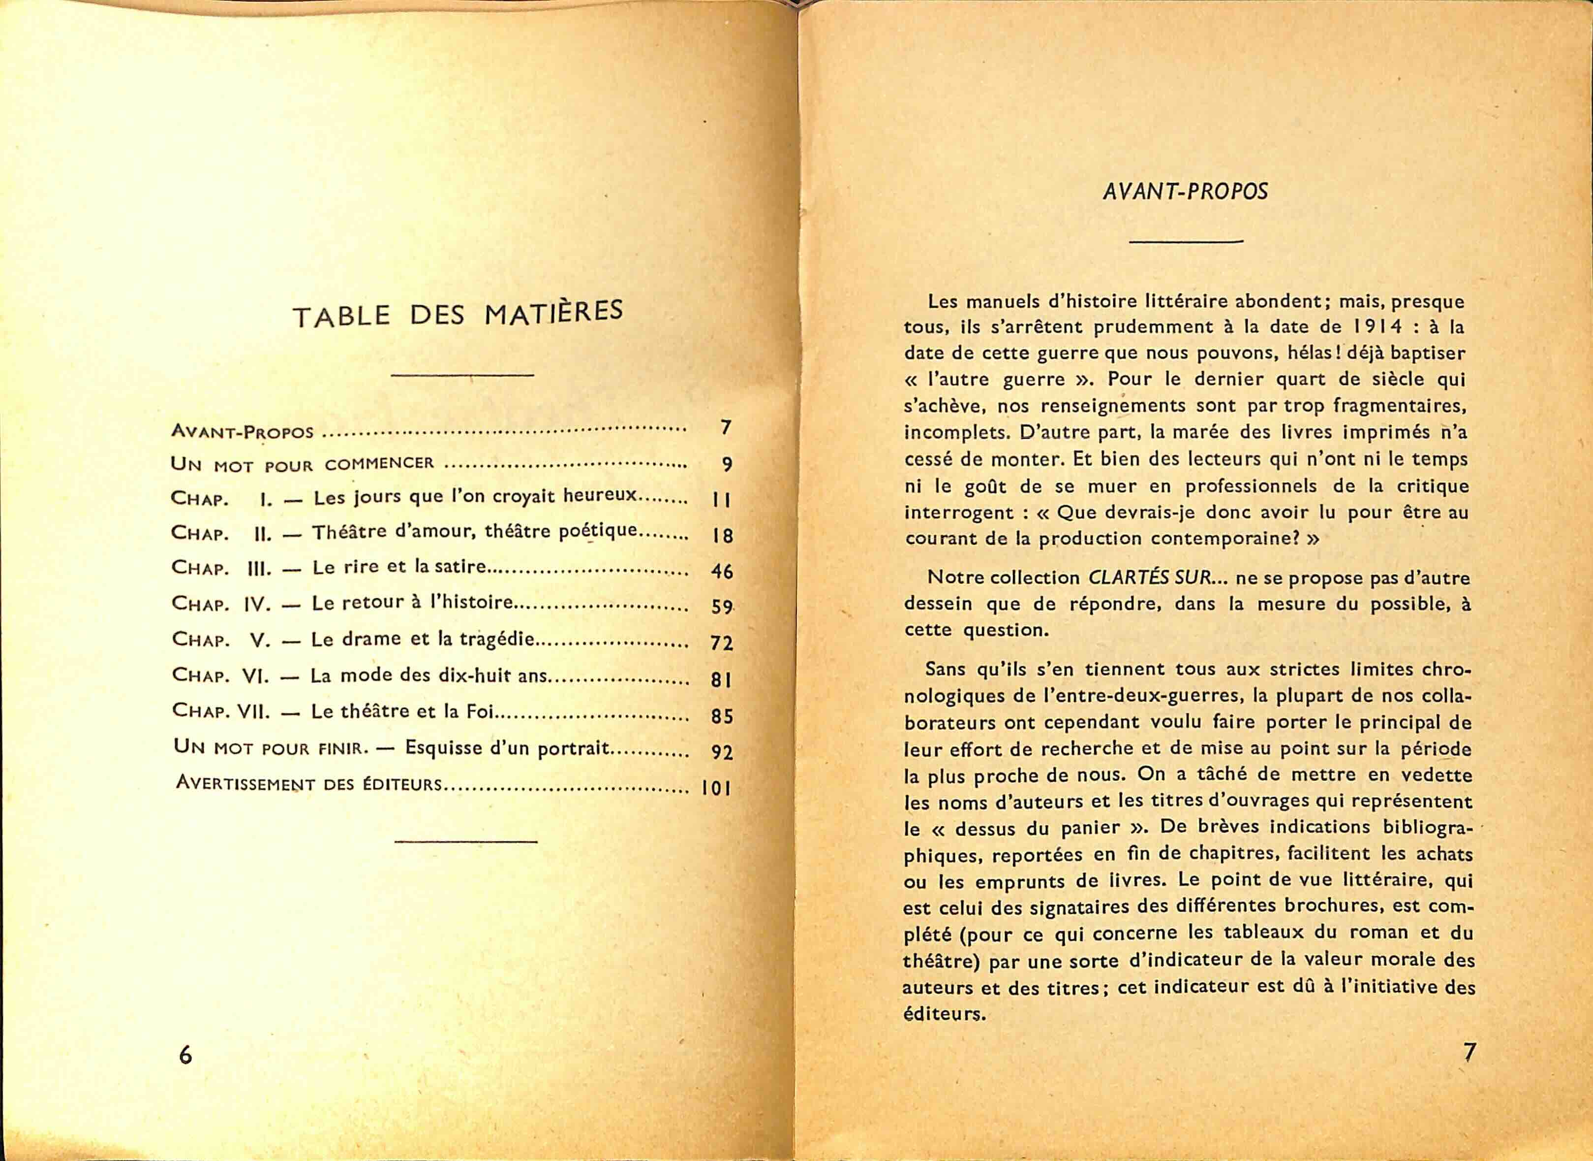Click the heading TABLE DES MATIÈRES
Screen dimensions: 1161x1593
click(x=458, y=314)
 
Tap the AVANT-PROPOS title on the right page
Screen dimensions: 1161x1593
click(x=1186, y=192)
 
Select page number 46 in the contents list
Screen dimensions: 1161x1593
click(x=721, y=571)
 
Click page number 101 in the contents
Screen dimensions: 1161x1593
click(x=716, y=788)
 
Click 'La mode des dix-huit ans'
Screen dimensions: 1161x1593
click(x=429, y=676)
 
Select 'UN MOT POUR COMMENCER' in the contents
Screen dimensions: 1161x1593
click(x=303, y=463)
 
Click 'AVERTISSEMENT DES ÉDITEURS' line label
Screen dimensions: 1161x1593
click(x=309, y=784)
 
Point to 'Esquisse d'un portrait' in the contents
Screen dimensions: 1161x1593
click(x=506, y=748)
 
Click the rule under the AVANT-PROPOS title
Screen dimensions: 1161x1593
click(x=1186, y=242)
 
